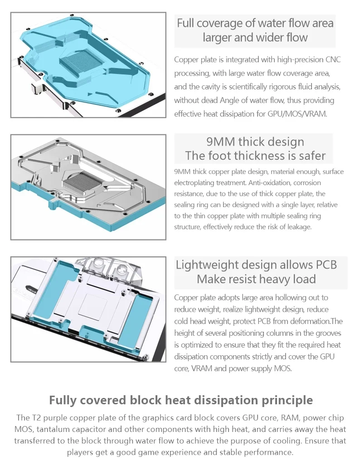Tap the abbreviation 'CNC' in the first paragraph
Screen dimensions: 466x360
333,59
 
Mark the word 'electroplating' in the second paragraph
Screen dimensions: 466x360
194,183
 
